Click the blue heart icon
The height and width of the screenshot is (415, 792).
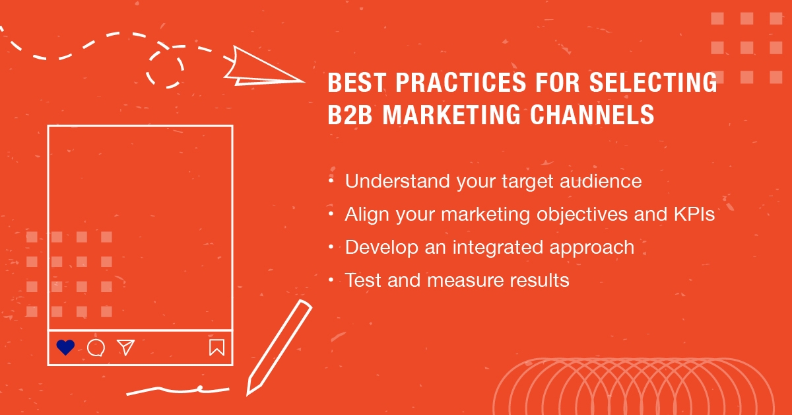click(x=65, y=347)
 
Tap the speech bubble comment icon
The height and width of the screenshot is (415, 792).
click(x=96, y=348)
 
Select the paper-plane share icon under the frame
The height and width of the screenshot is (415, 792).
click(x=125, y=347)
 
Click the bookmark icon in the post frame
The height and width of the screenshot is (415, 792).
click(x=216, y=347)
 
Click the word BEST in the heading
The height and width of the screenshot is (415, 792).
click(x=352, y=84)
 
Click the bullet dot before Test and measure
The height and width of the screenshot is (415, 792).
click(x=331, y=280)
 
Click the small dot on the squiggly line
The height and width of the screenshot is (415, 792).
click(x=199, y=387)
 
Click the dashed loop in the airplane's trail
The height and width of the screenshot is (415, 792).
click(x=165, y=66)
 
